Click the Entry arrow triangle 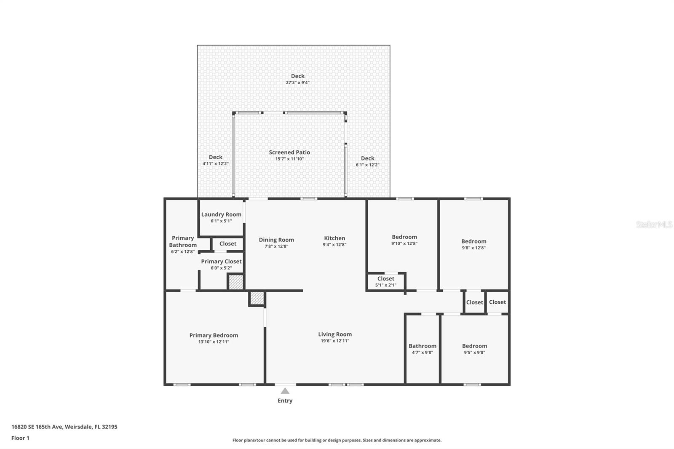click(285, 391)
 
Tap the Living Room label click(335, 334)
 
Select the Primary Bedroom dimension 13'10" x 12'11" click(214, 342)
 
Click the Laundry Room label click(221, 214)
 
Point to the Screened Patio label click(289, 152)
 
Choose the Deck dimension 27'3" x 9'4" click(297, 83)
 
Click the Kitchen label click(334, 238)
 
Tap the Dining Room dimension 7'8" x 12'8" click(276, 246)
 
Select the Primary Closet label click(221, 262)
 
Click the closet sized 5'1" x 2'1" click(385, 282)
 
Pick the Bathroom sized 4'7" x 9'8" click(423, 349)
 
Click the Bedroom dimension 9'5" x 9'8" click(474, 353)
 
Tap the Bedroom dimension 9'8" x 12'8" click(473, 248)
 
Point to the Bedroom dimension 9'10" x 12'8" click(404, 243)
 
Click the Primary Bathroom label click(183, 241)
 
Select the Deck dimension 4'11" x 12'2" click(215, 163)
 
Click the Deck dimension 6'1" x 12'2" click(367, 165)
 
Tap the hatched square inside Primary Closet click(236, 282)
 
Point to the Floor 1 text click(20, 438)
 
